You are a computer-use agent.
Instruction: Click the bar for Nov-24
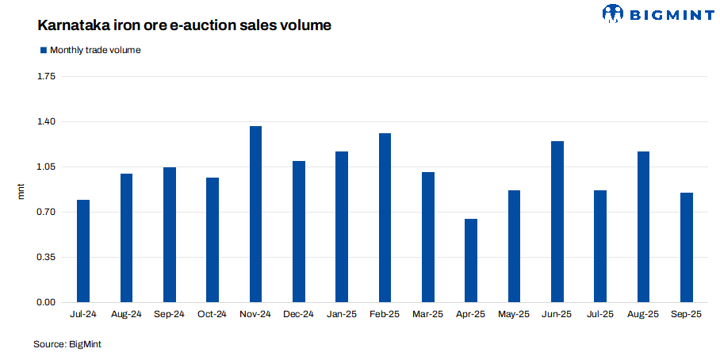(x=255, y=214)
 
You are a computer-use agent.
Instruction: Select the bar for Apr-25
(x=471, y=261)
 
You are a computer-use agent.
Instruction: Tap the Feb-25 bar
(x=385, y=218)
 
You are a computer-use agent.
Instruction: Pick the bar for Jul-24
(x=83, y=251)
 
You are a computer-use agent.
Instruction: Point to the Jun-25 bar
(x=557, y=222)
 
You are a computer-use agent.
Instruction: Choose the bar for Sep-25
(x=687, y=247)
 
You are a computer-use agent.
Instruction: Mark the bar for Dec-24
(x=299, y=232)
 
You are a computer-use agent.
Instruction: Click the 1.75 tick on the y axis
(x=46, y=77)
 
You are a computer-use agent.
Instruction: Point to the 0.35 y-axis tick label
(x=46, y=258)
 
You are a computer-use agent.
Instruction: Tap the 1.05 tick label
(x=46, y=167)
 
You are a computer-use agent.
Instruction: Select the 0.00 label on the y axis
(x=46, y=303)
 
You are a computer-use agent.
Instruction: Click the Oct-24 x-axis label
(x=213, y=315)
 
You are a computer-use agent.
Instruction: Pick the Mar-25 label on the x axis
(x=428, y=315)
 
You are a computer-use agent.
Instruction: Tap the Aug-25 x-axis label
(x=643, y=315)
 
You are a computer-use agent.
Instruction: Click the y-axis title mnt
(x=22, y=190)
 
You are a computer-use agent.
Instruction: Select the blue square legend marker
(x=43, y=50)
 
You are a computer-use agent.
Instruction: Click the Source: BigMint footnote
(x=67, y=344)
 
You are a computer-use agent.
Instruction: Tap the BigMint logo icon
(x=613, y=13)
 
